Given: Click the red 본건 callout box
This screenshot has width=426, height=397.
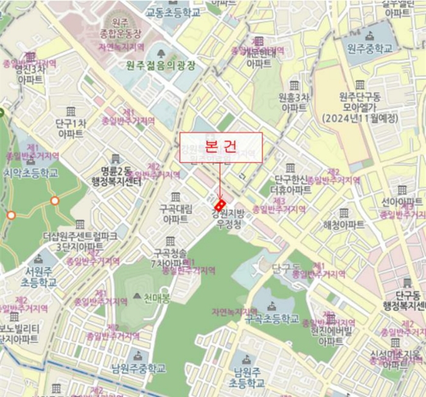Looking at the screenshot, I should pos(220,148).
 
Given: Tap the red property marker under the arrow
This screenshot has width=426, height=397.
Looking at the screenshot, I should pos(220,202).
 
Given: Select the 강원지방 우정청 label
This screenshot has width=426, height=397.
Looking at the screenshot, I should pos(228,218).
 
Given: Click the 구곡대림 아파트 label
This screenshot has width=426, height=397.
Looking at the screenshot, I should pos(175,214).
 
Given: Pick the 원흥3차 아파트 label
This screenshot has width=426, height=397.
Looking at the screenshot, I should pos(294,102).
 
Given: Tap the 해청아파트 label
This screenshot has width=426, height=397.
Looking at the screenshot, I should pos(344,224).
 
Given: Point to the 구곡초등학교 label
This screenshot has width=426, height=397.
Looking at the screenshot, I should pos(272,318).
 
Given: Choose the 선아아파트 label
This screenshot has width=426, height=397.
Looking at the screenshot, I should pos(402,202).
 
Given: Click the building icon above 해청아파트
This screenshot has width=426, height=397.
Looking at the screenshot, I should pos(344,213).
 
